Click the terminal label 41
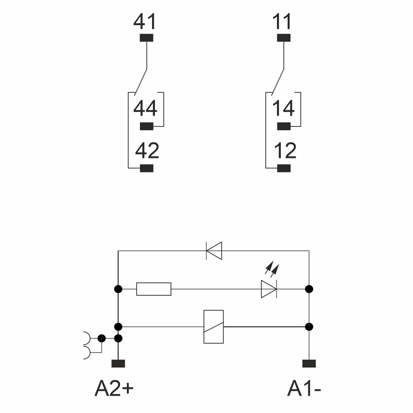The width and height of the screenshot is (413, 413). point(145,22)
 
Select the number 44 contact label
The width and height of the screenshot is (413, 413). point(145,108)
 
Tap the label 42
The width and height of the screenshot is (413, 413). point(147,151)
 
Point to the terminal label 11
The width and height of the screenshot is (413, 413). point(282,22)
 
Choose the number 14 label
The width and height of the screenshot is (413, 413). point(283,108)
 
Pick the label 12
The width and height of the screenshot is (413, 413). point(284,151)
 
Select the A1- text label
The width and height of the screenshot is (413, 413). point(304,388)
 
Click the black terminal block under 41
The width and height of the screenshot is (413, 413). point(146,38)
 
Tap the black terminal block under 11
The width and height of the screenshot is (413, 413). point(283,38)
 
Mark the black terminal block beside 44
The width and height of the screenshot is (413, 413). point(146,127)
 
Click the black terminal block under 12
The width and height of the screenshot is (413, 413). point(284,168)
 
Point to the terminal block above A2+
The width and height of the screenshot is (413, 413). point(118,363)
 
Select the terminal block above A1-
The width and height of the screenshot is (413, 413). point(309,363)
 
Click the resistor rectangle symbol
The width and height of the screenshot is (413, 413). point(153,289)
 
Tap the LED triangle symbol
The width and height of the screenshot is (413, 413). point(269,289)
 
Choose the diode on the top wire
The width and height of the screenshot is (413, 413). point(214,251)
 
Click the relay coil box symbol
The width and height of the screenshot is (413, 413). point(214,327)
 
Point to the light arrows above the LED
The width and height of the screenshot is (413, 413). point(273,268)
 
